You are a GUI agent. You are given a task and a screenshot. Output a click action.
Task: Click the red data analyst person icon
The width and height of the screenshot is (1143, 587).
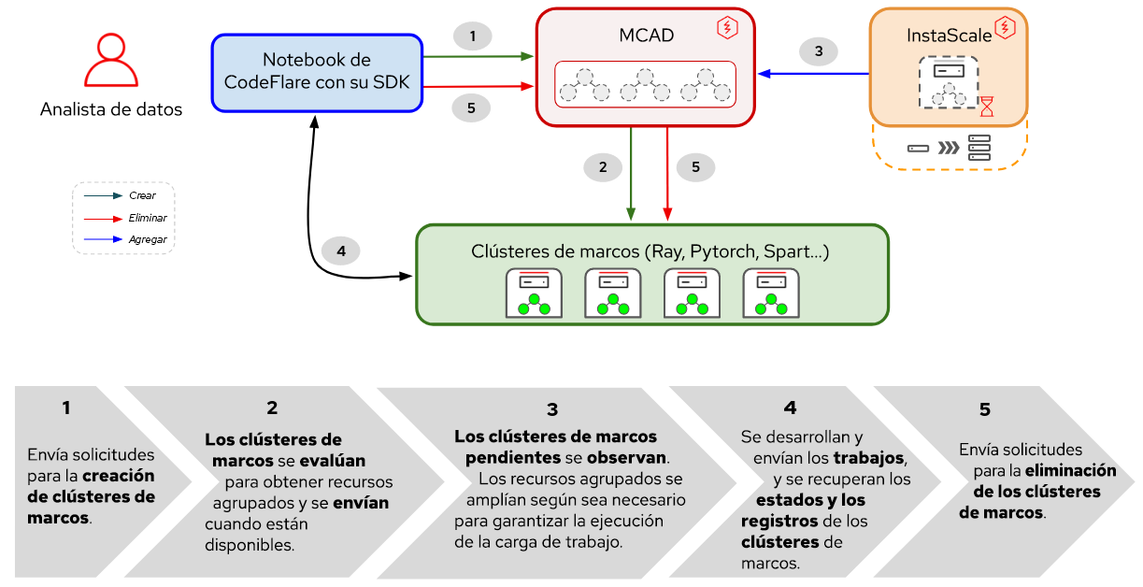pos(110,61)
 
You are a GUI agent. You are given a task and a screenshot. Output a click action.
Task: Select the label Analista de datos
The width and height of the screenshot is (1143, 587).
pos(110,109)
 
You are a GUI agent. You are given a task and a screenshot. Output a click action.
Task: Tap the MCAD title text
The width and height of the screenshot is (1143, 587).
pos(646,36)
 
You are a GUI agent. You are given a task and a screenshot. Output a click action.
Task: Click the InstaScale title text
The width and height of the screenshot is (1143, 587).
pos(941,36)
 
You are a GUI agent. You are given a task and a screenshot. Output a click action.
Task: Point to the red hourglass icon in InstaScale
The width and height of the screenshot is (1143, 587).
pos(987,106)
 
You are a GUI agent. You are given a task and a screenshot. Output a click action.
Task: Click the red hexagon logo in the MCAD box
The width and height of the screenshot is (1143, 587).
pos(726,28)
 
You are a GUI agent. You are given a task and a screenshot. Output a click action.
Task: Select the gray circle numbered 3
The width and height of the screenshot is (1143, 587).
pos(819,51)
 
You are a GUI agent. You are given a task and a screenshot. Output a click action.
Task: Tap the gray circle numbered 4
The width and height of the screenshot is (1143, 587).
pos(341,251)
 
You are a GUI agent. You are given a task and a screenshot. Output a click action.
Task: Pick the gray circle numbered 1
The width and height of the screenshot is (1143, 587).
pos(473,36)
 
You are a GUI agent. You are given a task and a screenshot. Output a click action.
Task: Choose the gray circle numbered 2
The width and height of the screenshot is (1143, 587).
pos(603,167)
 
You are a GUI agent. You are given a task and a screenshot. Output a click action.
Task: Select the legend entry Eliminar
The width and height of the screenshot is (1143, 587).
pos(147,218)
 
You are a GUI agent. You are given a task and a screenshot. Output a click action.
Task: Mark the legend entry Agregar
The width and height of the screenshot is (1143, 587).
pos(148,239)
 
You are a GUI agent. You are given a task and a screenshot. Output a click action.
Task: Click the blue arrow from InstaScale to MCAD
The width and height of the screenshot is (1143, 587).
pos(813,73)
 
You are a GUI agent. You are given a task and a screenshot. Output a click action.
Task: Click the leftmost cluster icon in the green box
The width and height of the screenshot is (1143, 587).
pos(534,294)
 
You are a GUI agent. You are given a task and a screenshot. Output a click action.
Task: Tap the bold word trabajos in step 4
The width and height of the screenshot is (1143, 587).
pos(869,458)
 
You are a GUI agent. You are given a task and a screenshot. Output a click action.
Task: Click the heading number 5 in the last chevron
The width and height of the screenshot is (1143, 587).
pos(984,409)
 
